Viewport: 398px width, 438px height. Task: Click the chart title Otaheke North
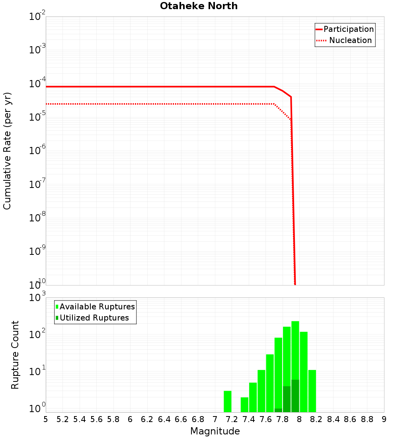199,6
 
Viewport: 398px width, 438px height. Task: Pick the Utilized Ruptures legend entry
94,318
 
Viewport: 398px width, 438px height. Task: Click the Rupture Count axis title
15,354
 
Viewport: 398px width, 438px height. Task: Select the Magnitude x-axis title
215,431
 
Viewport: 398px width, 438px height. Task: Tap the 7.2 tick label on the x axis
232,419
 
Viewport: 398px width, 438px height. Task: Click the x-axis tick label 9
384,419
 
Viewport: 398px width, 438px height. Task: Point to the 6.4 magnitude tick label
164,419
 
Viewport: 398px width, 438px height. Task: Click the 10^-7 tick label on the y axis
37,185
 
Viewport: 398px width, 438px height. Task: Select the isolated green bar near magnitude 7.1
228,401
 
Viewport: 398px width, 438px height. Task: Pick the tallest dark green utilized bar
295,396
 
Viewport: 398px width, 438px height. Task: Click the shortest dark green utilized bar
278,410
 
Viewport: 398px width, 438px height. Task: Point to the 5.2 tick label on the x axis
62,419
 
